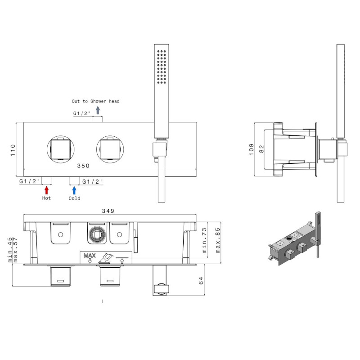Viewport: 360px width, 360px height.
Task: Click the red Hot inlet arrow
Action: [x=47, y=190]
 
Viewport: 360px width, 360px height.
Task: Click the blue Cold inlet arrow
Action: [x=74, y=190]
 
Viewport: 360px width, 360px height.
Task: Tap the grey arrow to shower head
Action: [x=98, y=110]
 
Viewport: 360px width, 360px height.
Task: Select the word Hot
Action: [x=46, y=198]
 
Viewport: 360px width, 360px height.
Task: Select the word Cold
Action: [x=74, y=198]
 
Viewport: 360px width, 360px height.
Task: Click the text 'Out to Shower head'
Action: [x=96, y=101]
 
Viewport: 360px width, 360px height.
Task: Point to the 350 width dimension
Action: [x=83, y=166]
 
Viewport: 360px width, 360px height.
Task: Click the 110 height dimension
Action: [x=13, y=150]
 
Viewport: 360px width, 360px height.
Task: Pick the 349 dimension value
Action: [x=108, y=211]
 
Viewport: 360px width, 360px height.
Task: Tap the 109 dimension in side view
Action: [x=252, y=149]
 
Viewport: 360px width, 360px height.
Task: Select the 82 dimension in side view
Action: [x=261, y=149]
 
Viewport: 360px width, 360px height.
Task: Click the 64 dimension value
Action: [x=201, y=280]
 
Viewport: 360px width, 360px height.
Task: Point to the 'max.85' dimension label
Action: [x=218, y=240]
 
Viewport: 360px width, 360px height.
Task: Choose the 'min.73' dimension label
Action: [x=204, y=240]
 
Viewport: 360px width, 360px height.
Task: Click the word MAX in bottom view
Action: [x=90, y=256]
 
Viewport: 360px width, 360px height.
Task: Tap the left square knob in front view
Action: [x=61, y=149]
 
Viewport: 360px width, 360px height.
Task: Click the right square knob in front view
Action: [x=110, y=149]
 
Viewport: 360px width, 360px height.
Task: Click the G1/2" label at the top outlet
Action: [x=82, y=113]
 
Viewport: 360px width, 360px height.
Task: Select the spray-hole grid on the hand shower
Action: [x=162, y=67]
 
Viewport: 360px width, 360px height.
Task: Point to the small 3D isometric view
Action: [x=295, y=239]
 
